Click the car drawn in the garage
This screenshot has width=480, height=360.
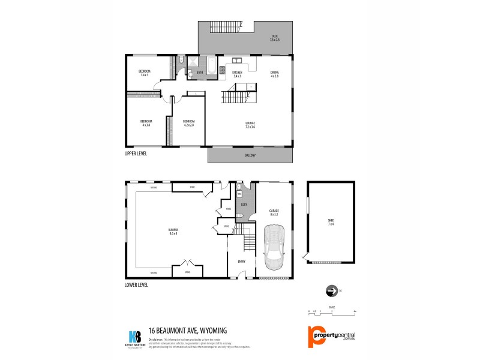(274, 247)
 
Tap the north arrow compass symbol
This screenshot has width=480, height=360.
(329, 292)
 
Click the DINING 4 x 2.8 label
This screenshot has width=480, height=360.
(275, 74)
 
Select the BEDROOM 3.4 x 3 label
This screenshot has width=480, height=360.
(145, 73)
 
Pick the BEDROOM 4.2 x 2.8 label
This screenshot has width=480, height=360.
(188, 123)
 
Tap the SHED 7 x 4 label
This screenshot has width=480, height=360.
(331, 222)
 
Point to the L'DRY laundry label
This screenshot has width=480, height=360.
(244, 205)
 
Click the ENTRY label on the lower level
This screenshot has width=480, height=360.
(241, 262)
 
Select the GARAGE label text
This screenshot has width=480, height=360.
(274, 212)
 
